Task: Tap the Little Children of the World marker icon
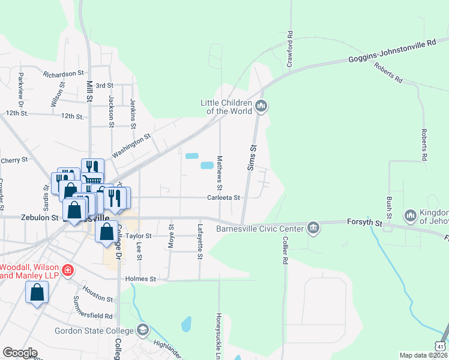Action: (261, 107)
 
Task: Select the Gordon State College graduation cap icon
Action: (143, 329)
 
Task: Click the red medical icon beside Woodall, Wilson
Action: (68, 270)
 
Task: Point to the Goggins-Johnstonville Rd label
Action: (392, 52)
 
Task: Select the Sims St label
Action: (253, 157)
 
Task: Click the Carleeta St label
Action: (224, 197)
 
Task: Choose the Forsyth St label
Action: (364, 222)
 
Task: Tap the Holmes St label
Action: (140, 279)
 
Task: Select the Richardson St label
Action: (63, 74)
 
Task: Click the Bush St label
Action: (390, 207)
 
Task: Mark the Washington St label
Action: (131, 146)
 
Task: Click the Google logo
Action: (20, 353)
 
